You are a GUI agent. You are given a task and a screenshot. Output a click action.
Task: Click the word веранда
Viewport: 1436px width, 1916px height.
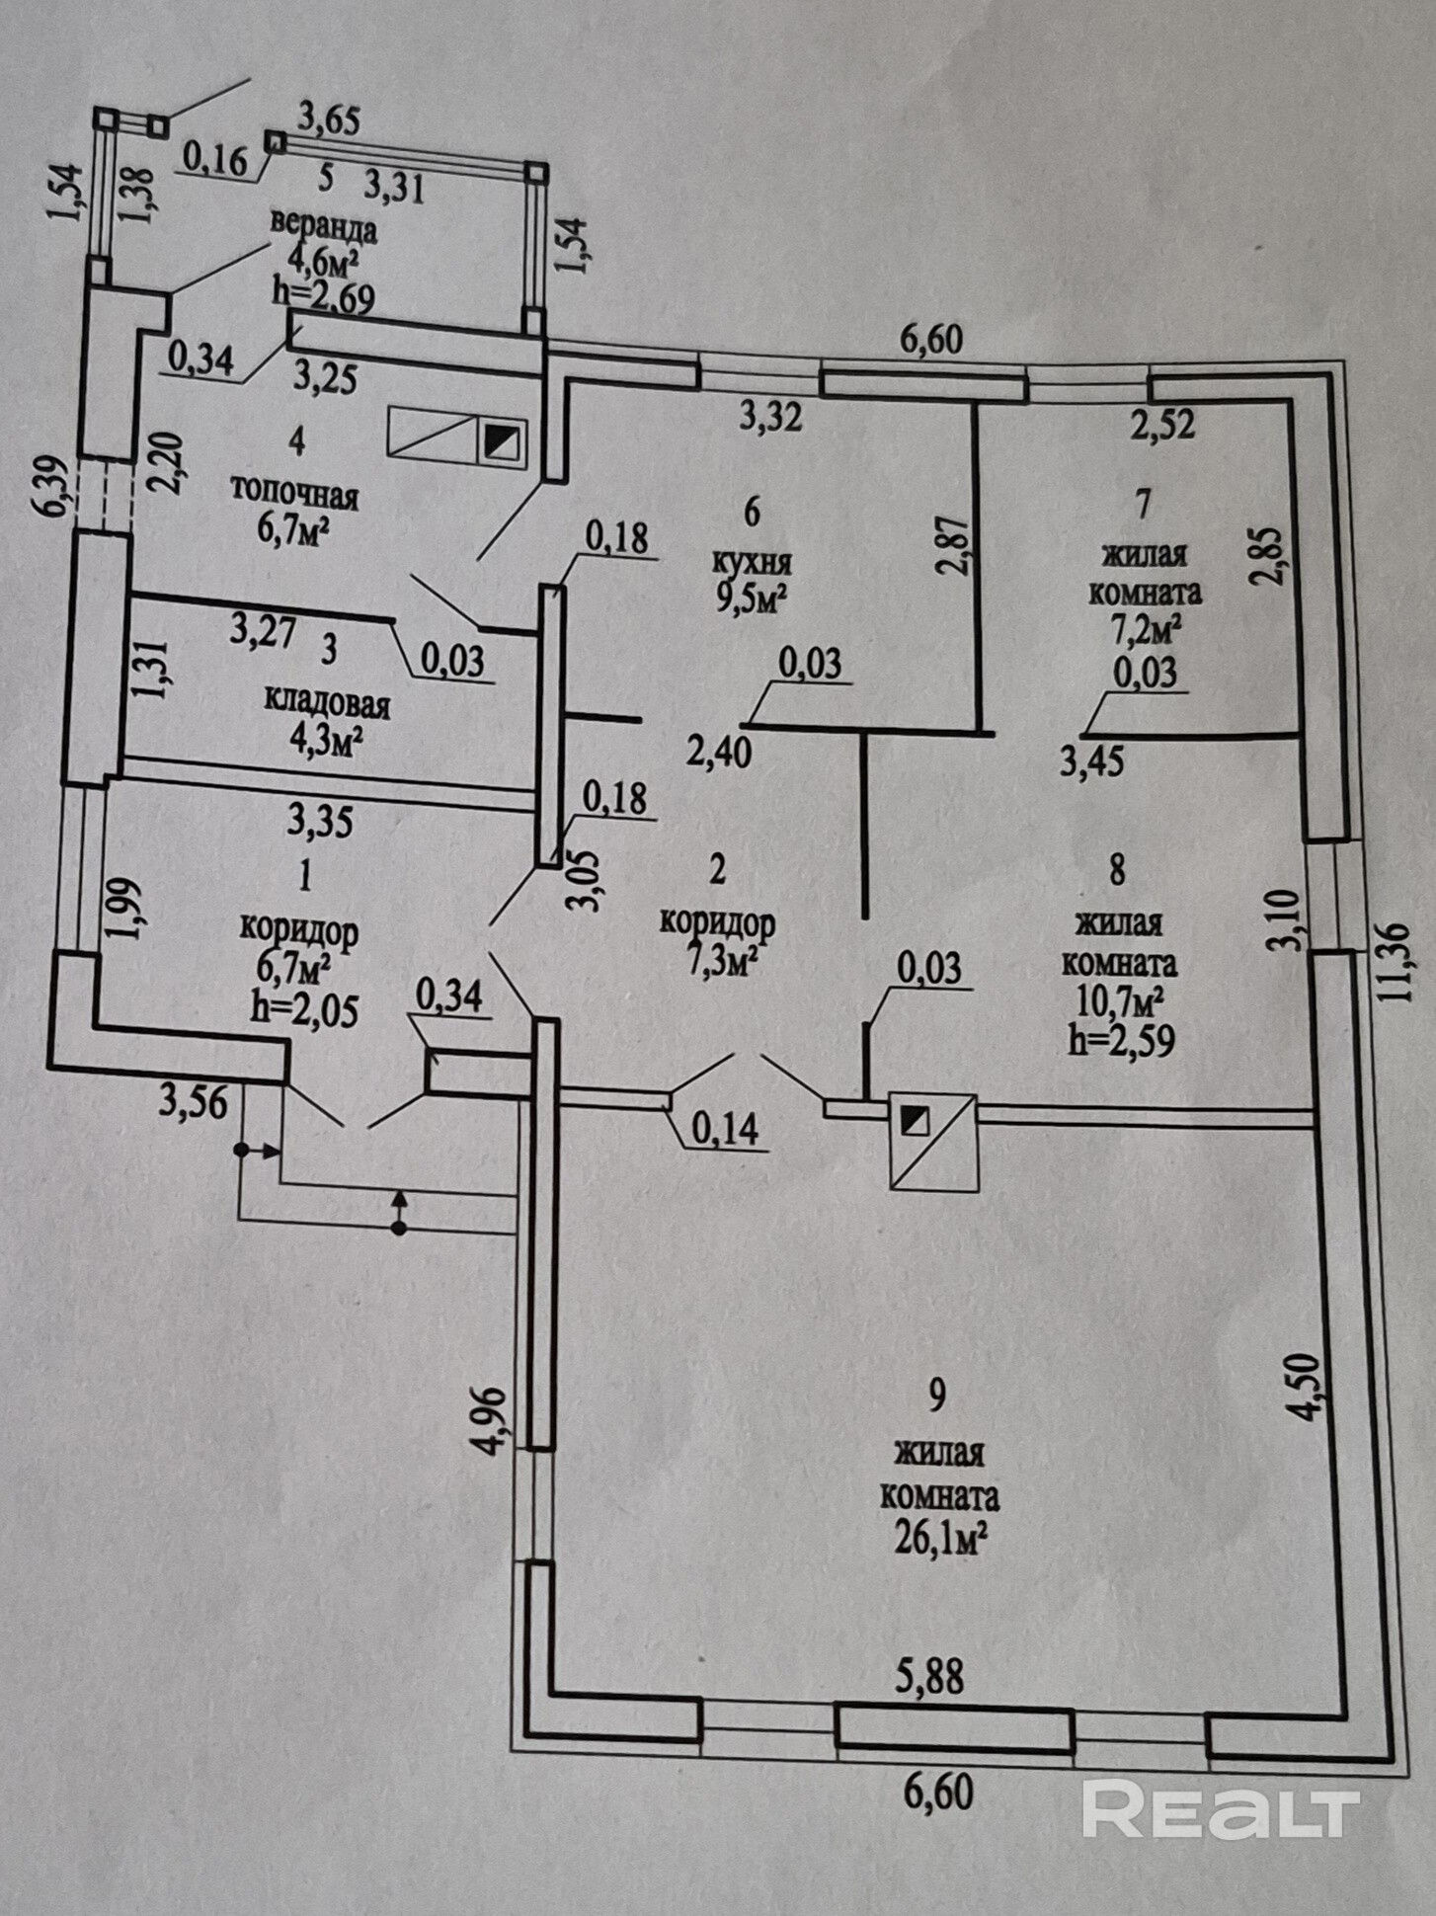click(x=324, y=228)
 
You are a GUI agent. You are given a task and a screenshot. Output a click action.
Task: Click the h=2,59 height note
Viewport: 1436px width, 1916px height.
click(x=1122, y=1040)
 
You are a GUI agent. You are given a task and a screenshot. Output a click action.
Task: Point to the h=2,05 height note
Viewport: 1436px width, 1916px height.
click(x=305, y=1009)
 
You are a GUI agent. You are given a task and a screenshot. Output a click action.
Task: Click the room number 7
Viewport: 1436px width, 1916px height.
click(x=1144, y=505)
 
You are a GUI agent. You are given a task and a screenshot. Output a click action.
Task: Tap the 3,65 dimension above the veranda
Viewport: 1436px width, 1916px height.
click(x=329, y=120)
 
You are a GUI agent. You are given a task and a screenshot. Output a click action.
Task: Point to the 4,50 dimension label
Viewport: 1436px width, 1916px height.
click(x=1305, y=1386)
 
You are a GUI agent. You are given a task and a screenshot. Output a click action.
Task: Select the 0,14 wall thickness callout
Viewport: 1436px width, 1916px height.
click(x=726, y=1128)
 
